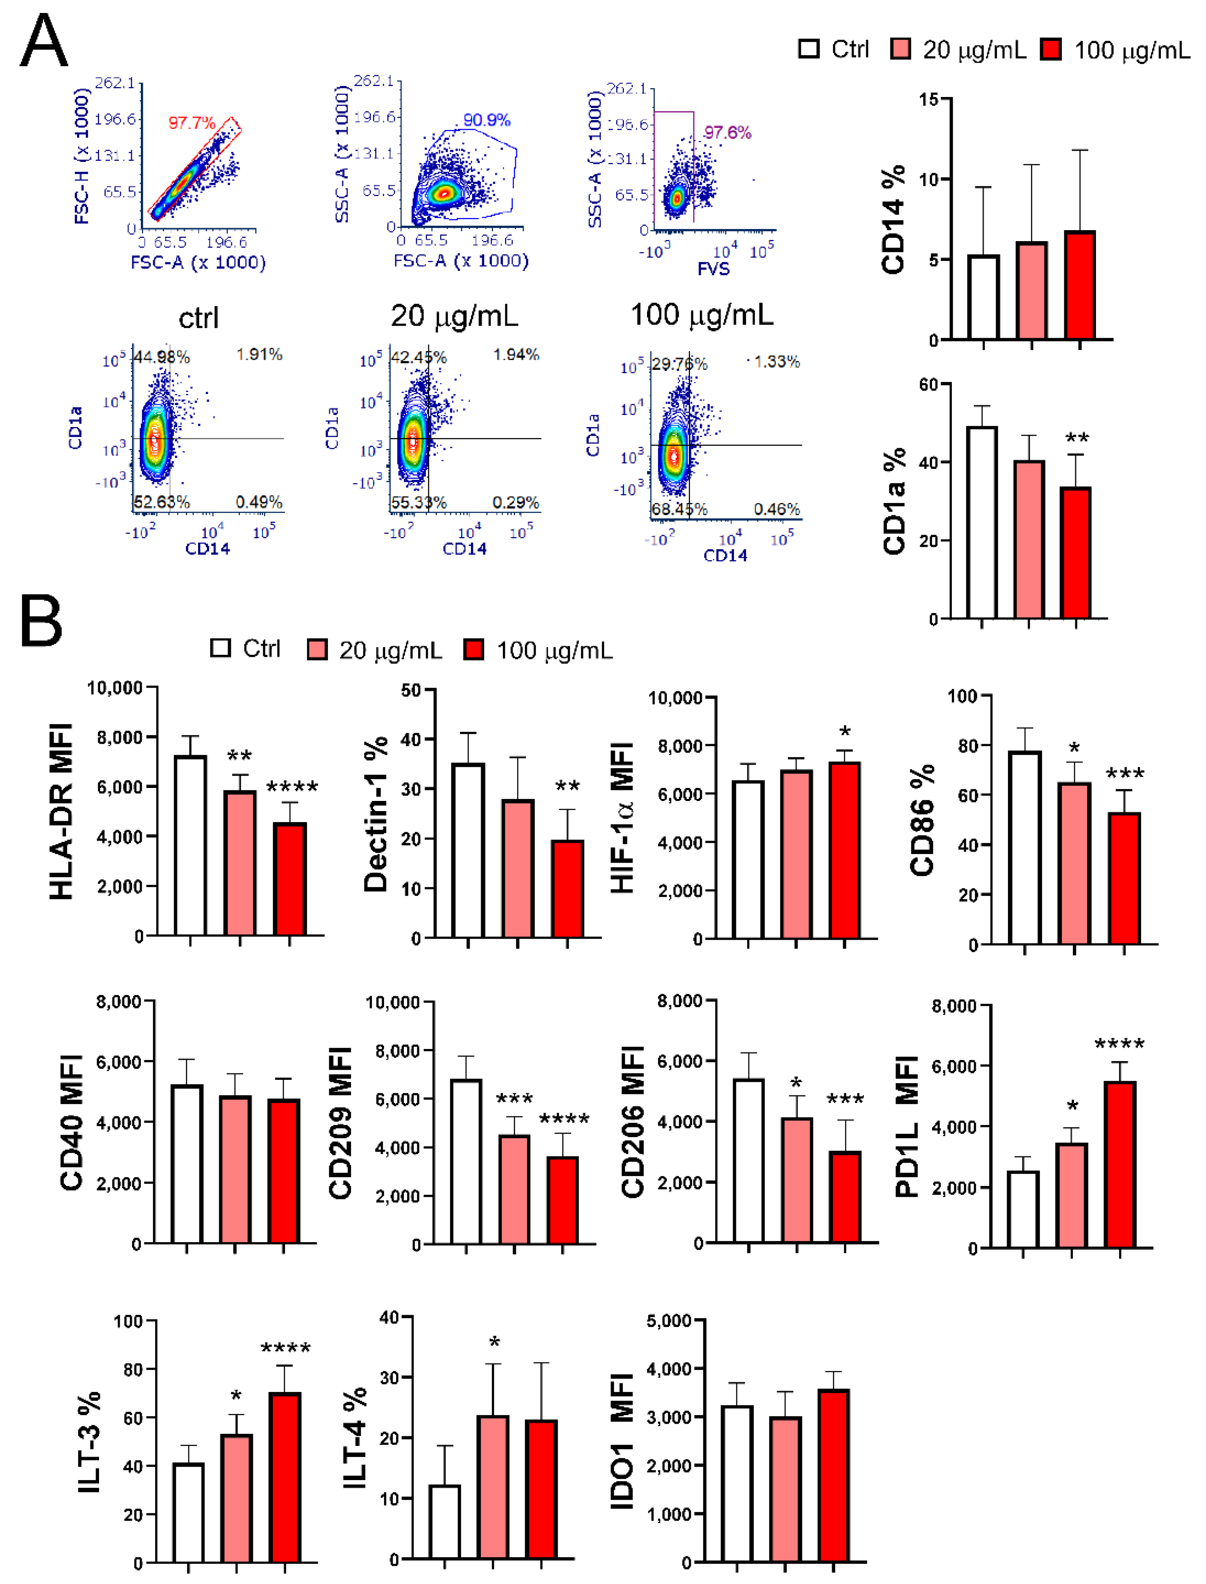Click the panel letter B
click(x=41, y=620)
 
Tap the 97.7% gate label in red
click(x=192, y=123)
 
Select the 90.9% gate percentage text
click(x=487, y=120)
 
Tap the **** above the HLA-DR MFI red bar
click(x=292, y=788)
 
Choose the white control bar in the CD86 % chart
click(x=1025, y=847)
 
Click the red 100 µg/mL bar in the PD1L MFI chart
click(x=1120, y=1164)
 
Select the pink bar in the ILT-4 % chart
click(x=492, y=1487)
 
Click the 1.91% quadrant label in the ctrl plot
click(x=259, y=354)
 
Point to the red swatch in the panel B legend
click(x=473, y=650)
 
